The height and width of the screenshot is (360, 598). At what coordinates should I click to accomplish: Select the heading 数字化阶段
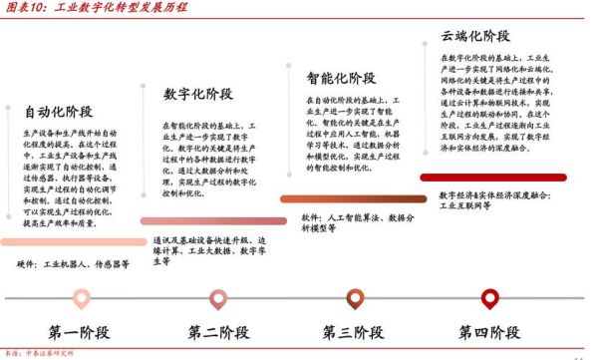[x=199, y=96]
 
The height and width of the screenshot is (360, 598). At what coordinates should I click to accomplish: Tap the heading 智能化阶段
[x=342, y=77]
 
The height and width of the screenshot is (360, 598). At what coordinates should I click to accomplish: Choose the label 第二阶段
[x=218, y=331]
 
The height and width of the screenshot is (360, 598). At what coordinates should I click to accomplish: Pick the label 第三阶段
[x=356, y=331]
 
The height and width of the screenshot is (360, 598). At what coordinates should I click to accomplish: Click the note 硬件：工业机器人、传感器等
[x=74, y=264]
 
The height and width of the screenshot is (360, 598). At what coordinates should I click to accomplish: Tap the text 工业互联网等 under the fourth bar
[x=469, y=205]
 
